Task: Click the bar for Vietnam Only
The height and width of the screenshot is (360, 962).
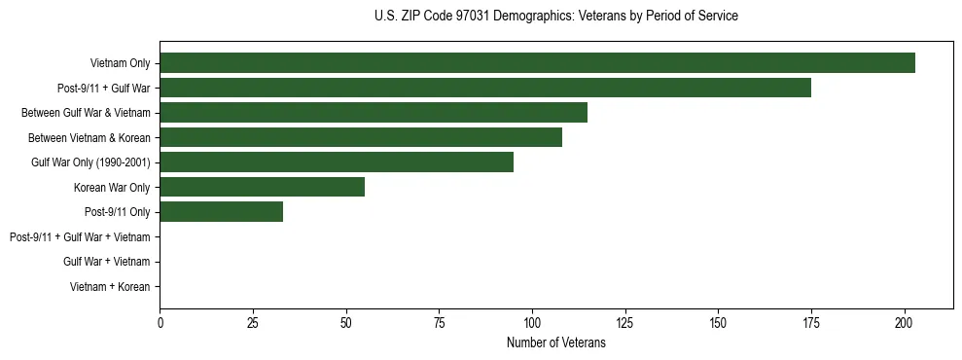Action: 537,63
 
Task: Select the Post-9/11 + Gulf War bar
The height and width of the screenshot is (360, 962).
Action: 485,89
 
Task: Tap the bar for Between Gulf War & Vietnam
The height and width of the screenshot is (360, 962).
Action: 374,113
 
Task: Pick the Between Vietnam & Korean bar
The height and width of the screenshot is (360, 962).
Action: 361,137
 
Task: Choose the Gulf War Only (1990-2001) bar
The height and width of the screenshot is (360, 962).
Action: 337,162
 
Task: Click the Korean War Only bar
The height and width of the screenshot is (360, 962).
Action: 262,187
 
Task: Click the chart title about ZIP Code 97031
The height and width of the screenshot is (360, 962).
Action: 555,17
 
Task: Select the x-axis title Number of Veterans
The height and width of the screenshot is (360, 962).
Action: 555,342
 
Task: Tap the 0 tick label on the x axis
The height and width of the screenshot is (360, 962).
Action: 160,322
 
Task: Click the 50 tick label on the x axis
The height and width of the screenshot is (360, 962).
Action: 345,322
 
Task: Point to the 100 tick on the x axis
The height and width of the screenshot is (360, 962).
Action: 532,322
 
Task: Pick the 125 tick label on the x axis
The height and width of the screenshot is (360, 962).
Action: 624,322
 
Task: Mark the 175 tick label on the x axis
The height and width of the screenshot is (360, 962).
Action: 811,322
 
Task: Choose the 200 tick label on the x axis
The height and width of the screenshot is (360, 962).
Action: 905,322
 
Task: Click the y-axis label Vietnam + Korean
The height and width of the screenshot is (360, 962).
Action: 109,287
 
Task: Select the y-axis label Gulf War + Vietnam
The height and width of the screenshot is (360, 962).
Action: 106,262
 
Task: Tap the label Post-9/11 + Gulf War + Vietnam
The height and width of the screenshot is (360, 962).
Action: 79,236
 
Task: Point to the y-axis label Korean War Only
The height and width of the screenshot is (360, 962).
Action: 111,187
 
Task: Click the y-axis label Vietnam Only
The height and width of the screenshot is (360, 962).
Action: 120,64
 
